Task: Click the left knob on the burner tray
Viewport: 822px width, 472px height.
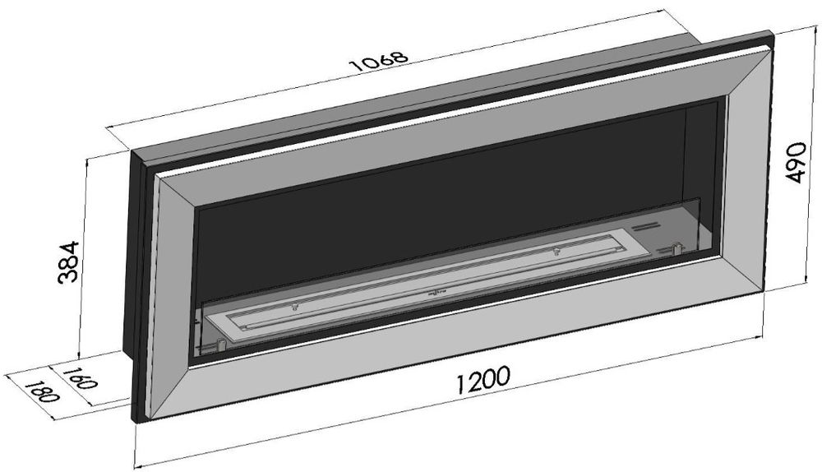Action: [293, 307]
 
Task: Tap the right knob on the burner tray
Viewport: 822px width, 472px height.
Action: [556, 249]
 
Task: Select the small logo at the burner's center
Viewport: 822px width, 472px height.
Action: [436, 291]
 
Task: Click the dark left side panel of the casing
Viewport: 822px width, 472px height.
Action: [136, 271]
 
